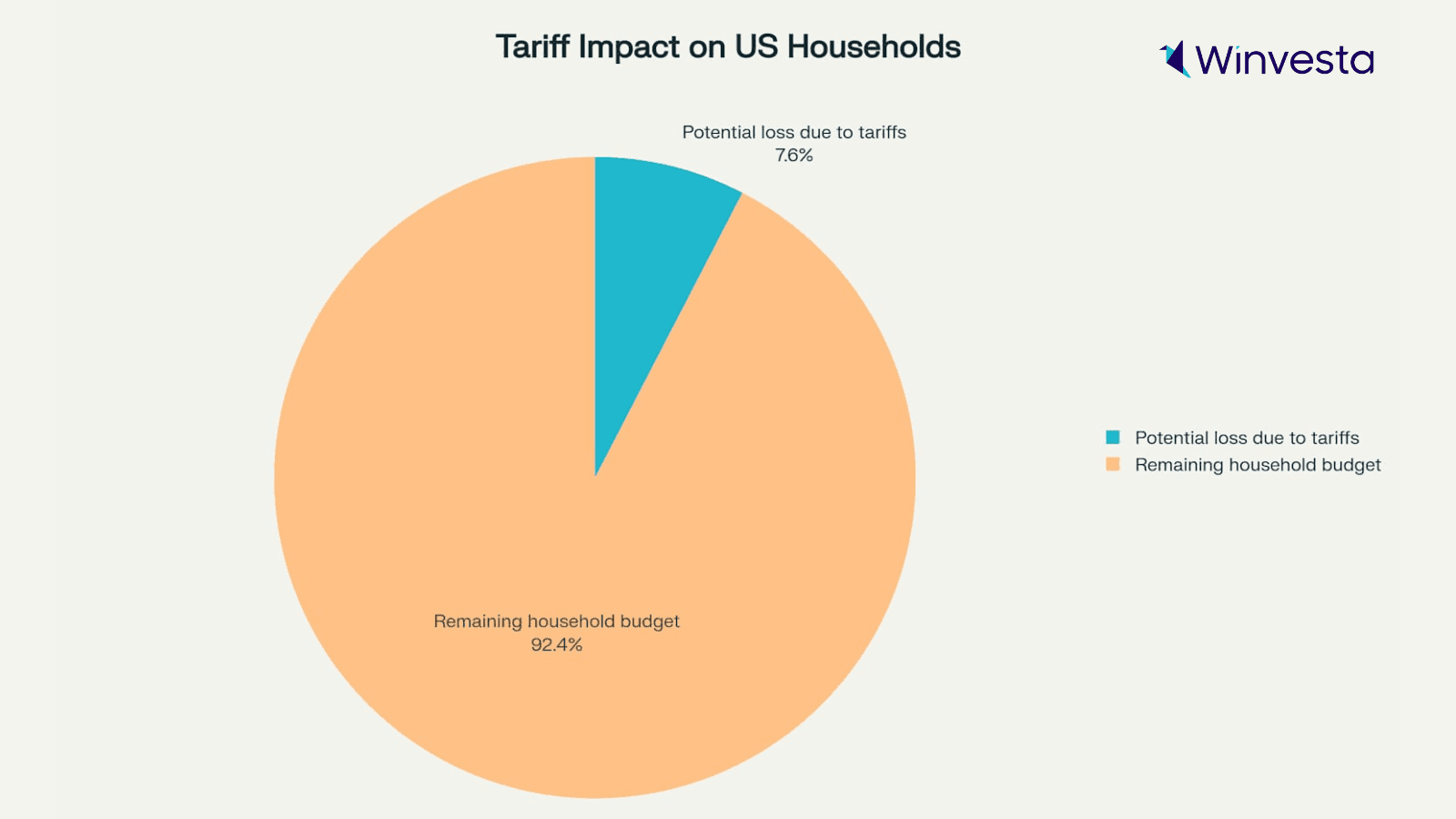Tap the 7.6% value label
[x=794, y=156]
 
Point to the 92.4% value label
[x=556, y=645]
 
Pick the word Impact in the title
[x=629, y=47]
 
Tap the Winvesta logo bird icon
[x=1176, y=59]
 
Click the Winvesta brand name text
[x=1284, y=61]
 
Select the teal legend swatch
[x=1113, y=438]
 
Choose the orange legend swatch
[x=1113, y=465]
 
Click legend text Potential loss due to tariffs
[x=1247, y=438]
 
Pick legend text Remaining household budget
[x=1258, y=465]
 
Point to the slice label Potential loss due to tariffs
[x=794, y=133]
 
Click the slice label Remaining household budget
[x=556, y=622]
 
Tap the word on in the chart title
[x=706, y=47]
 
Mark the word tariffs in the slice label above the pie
[x=882, y=133]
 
